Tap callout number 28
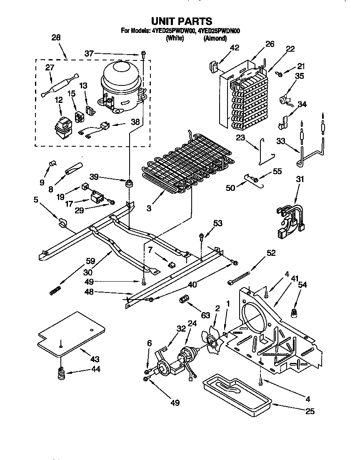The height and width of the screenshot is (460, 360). [56, 37]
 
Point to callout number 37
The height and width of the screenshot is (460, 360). [89, 53]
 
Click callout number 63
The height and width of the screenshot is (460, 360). [205, 315]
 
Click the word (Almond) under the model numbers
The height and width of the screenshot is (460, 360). [215, 38]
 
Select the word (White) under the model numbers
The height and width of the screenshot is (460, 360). [175, 38]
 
